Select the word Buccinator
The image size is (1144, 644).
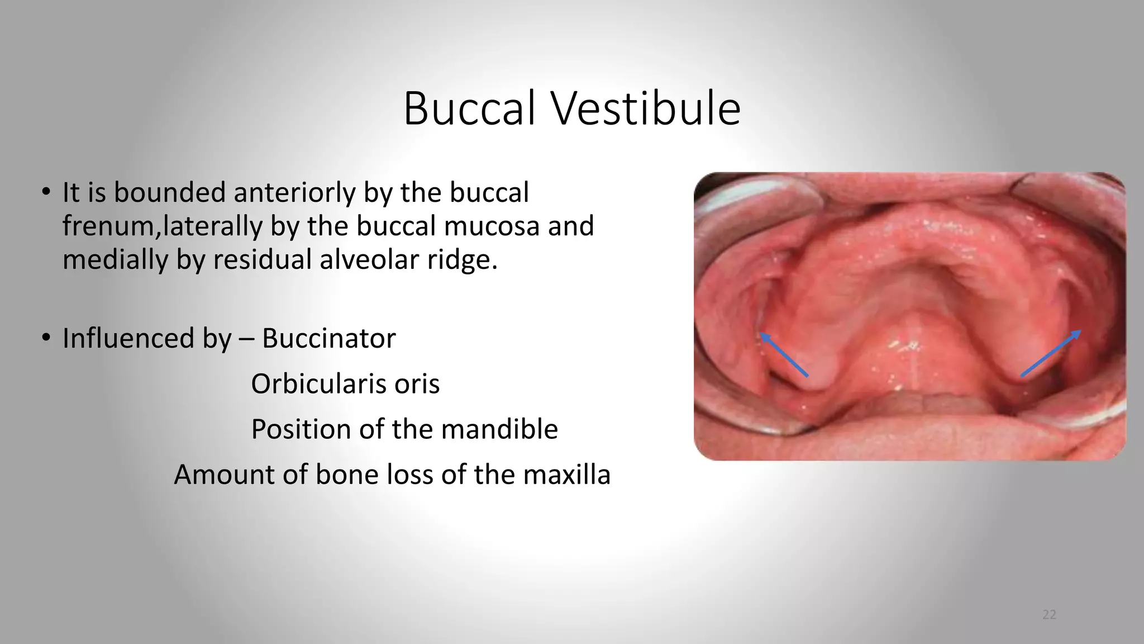point(329,338)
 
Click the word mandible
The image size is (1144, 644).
point(499,429)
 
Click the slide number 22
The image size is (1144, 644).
point(1049,615)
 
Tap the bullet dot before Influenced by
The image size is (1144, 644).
point(46,338)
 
